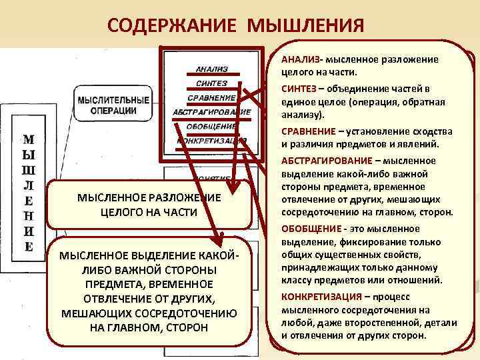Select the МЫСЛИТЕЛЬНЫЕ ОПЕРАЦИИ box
click(x=113, y=105)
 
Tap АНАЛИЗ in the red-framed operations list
click(x=211, y=69)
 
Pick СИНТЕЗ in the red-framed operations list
click(x=211, y=83)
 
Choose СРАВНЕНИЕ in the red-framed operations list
click(x=211, y=98)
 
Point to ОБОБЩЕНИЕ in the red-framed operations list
click(x=211, y=126)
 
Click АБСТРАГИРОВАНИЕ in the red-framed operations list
click(x=211, y=112)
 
